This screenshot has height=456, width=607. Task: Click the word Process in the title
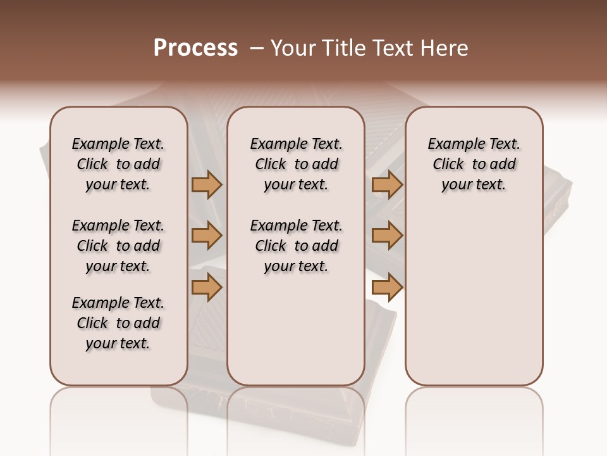(195, 48)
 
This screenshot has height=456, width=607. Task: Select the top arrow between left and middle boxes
(206, 185)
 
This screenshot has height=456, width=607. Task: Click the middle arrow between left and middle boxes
(206, 236)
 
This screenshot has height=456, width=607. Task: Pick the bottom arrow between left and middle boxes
(206, 287)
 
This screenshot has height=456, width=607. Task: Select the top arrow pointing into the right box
(387, 185)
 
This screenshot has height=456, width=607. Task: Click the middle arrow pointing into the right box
(387, 236)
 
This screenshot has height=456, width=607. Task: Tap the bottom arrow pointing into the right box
(387, 287)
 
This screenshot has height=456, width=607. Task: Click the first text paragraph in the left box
(118, 164)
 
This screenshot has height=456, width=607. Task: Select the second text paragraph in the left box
(118, 246)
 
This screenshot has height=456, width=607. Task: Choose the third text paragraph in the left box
(118, 323)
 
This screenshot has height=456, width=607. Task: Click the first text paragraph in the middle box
(296, 164)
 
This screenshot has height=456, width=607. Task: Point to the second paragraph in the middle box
(296, 246)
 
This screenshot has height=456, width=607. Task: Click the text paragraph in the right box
(474, 164)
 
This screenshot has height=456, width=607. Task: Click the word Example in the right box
(453, 144)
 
